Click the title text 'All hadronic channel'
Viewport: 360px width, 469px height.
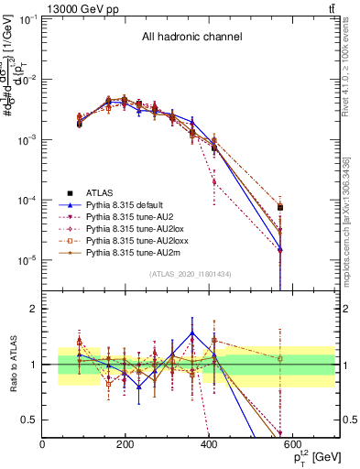(191, 37)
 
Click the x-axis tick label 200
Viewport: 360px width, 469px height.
(126, 443)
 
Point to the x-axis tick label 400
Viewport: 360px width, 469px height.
(210, 443)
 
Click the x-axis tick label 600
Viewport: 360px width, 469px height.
(293, 443)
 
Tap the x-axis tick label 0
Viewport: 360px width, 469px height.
(43, 443)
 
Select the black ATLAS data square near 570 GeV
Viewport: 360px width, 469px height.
(280, 208)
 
